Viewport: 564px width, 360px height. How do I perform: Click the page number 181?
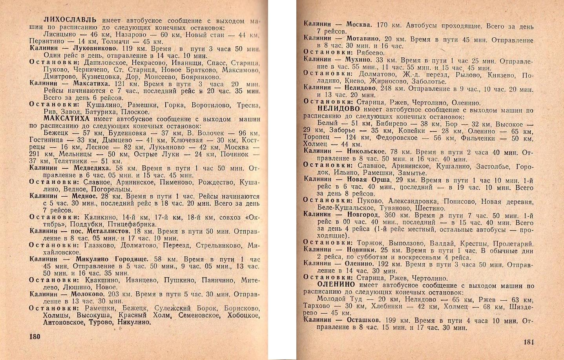[x=529, y=342]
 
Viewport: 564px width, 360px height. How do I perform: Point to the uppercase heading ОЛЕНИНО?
[x=336, y=285]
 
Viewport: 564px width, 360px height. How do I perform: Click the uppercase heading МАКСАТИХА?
[x=66, y=119]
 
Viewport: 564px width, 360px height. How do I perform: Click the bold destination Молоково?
[x=88, y=294]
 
